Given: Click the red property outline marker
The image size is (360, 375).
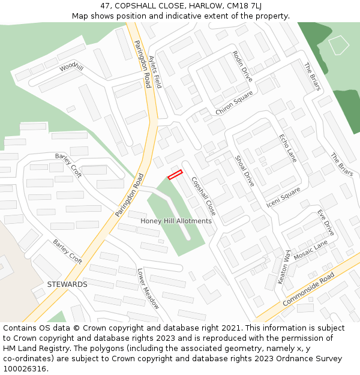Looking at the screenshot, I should [x=175, y=175].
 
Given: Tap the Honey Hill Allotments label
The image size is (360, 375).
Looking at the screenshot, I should [x=176, y=221].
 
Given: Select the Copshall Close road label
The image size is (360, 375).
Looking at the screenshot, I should [x=203, y=196].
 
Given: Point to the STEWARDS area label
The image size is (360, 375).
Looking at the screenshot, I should [x=67, y=284].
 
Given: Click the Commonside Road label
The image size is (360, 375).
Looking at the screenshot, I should [x=308, y=289].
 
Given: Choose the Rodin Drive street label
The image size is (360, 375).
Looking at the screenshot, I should [x=243, y=67].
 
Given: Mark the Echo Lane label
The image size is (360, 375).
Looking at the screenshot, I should [x=288, y=148].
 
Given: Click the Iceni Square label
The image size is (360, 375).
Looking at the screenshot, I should [x=283, y=199].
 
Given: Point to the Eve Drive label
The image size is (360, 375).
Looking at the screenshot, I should [x=326, y=222].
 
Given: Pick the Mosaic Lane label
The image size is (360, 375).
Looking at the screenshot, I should [x=311, y=251].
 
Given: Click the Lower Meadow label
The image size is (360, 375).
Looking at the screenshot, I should [x=148, y=289].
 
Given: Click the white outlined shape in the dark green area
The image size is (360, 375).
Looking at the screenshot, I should [x=339, y=46].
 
